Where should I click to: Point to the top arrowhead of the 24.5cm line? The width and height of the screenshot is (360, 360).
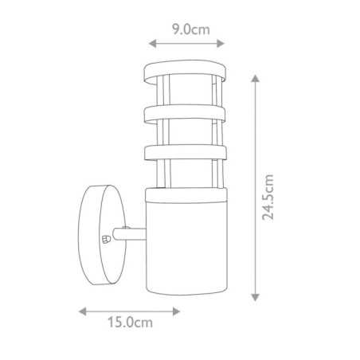point(255,78)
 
